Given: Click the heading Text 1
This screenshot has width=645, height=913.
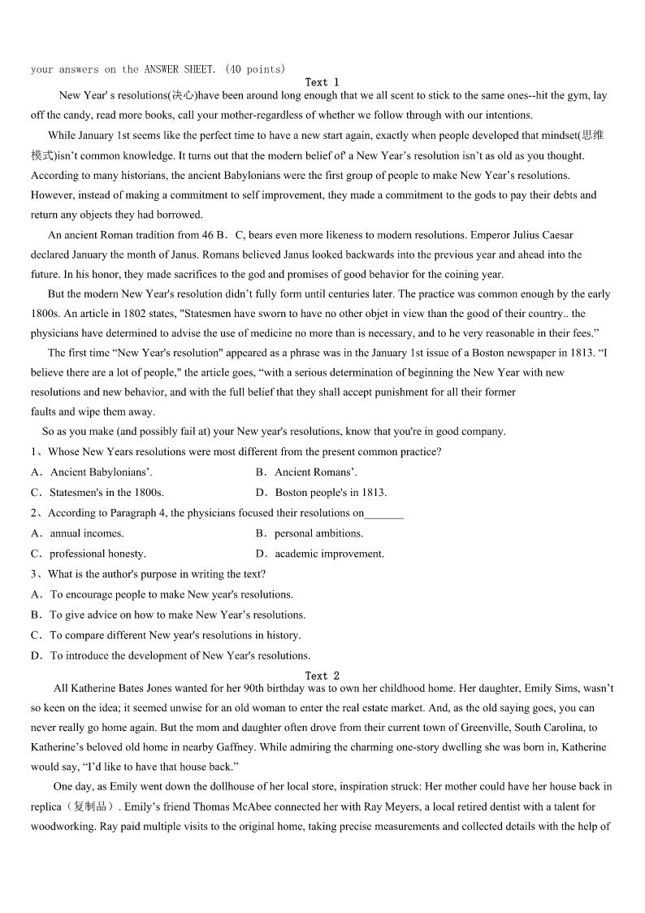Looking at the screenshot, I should [322, 82].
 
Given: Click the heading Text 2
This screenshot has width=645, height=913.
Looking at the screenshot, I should [322, 676].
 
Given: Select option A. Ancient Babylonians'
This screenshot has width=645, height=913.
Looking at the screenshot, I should [92, 472].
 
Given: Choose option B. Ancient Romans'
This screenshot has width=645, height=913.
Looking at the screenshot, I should [306, 472].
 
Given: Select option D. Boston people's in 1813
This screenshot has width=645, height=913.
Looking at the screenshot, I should [321, 493].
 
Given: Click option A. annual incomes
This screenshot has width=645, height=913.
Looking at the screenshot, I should [77, 533].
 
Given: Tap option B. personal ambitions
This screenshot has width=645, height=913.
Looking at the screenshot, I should [310, 533].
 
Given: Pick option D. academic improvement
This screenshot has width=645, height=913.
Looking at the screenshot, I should [320, 554].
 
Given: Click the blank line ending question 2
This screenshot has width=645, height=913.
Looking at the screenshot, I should [384, 514].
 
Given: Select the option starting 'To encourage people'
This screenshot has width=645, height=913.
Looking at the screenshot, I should [162, 594].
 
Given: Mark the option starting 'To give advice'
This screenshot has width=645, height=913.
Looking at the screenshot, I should [168, 615].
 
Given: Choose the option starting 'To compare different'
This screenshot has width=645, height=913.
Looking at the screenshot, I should [166, 635].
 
